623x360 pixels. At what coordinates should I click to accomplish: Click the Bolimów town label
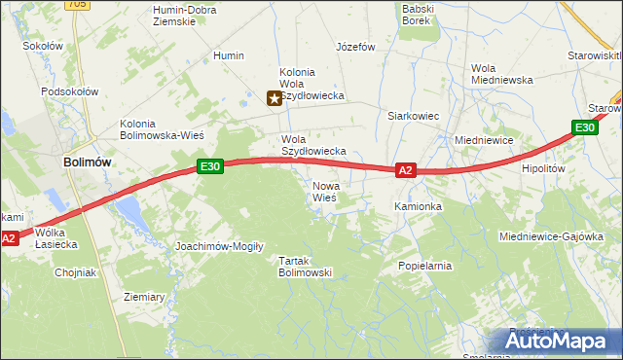[86, 162]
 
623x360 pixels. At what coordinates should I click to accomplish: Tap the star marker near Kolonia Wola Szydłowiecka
[275, 97]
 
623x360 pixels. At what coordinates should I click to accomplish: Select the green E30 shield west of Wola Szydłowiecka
[211, 166]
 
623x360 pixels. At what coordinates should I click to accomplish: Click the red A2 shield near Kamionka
[407, 170]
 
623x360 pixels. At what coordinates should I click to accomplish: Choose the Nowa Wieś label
[325, 192]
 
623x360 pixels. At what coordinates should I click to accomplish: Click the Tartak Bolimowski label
[306, 267]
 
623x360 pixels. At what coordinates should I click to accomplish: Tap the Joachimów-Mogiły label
[219, 246]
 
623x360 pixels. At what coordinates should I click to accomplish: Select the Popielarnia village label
[425, 265]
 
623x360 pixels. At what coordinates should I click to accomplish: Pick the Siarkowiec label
[414, 116]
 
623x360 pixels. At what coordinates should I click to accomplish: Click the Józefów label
[355, 46]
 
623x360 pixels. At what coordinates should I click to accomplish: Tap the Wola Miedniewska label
[501, 74]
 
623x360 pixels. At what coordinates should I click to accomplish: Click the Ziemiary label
[144, 297]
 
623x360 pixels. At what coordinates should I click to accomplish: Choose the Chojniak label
[75, 272]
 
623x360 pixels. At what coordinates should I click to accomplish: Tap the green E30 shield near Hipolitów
[583, 127]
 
